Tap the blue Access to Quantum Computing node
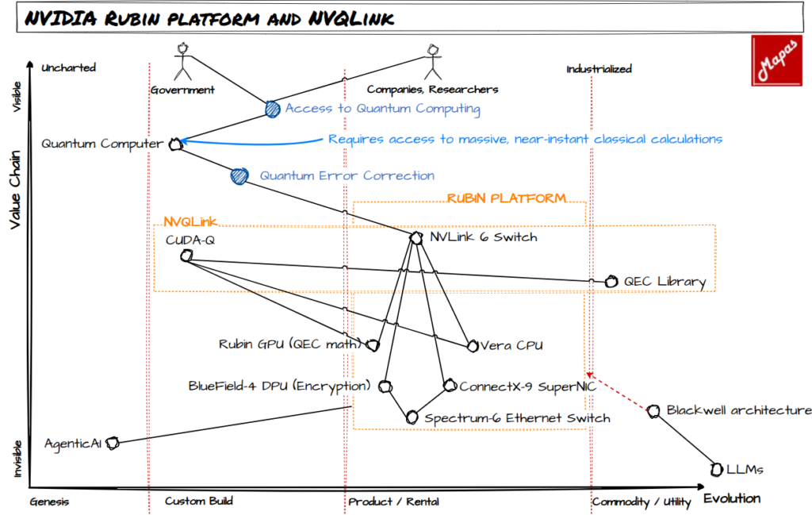[272, 110]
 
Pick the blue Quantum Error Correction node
[238, 176]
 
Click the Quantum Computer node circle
[176, 144]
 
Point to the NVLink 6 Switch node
[416, 237]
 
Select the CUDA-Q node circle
[186, 256]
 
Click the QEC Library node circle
[611, 282]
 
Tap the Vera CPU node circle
[473, 345]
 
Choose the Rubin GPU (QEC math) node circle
[373, 345]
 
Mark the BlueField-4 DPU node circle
[385, 386]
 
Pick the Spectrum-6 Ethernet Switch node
[412, 417]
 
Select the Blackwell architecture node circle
[653, 411]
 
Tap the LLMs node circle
[717, 469]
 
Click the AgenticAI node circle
[113, 443]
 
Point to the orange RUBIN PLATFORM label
[507, 198]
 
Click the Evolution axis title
[731, 498]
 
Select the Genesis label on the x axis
[49, 502]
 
